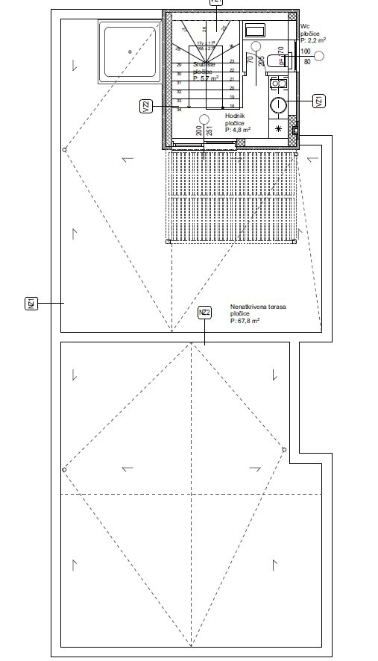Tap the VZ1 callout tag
point(318,101)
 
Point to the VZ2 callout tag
point(146,107)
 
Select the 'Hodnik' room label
point(235,116)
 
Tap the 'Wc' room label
point(304,26)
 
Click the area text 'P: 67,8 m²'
point(245,321)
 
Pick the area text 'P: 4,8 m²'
point(238,129)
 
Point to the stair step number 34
point(179,109)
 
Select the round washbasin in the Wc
point(279,105)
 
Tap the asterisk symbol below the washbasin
point(279,129)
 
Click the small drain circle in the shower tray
point(130,51)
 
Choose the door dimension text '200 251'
point(204,131)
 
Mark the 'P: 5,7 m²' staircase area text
point(205,78)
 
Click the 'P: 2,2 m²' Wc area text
point(313,40)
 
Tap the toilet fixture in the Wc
point(278,60)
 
